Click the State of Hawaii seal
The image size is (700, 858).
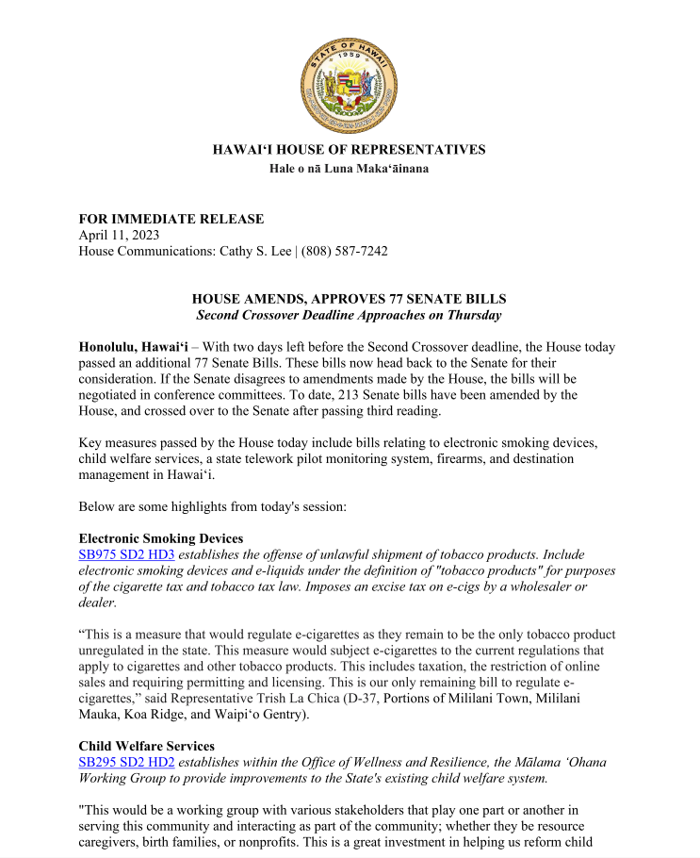[350, 86]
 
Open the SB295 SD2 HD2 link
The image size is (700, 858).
[126, 762]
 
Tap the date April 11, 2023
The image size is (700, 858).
[119, 235]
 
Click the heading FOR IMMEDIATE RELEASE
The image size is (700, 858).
[171, 219]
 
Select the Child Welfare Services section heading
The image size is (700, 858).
[146, 746]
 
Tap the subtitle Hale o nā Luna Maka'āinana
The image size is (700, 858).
[350, 169]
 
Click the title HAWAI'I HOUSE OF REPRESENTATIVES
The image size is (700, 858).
[350, 150]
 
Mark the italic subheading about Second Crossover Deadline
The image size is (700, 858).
[349, 315]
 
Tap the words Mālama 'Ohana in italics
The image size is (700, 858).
[559, 762]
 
